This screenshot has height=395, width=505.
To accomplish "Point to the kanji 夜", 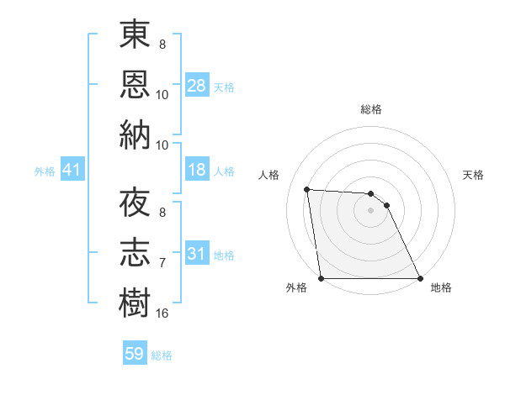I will [135, 203].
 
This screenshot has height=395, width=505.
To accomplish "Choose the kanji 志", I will [135, 252].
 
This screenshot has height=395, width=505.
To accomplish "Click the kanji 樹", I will [135, 301].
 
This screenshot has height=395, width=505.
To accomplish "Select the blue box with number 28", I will [197, 85].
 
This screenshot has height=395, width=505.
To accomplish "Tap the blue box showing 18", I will [197, 170].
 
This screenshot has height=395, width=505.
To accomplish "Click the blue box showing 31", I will [197, 253].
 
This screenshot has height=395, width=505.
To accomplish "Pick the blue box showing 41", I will [72, 171].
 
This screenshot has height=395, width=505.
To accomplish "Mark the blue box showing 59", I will [135, 354].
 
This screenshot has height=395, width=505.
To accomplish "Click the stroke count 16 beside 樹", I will [162, 313].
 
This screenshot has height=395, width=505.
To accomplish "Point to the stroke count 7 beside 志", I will [162, 264].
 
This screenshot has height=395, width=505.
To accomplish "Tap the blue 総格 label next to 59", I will [162, 355].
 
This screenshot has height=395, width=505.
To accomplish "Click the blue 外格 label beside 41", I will [45, 171].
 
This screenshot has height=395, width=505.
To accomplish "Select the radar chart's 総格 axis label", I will [371, 109].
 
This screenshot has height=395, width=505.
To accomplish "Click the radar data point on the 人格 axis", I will [307, 189].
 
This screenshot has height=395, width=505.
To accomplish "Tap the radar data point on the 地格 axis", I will [420, 278].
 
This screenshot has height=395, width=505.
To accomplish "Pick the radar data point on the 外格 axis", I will [322, 278].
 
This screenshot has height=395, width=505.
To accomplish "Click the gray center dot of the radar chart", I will [370, 210].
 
